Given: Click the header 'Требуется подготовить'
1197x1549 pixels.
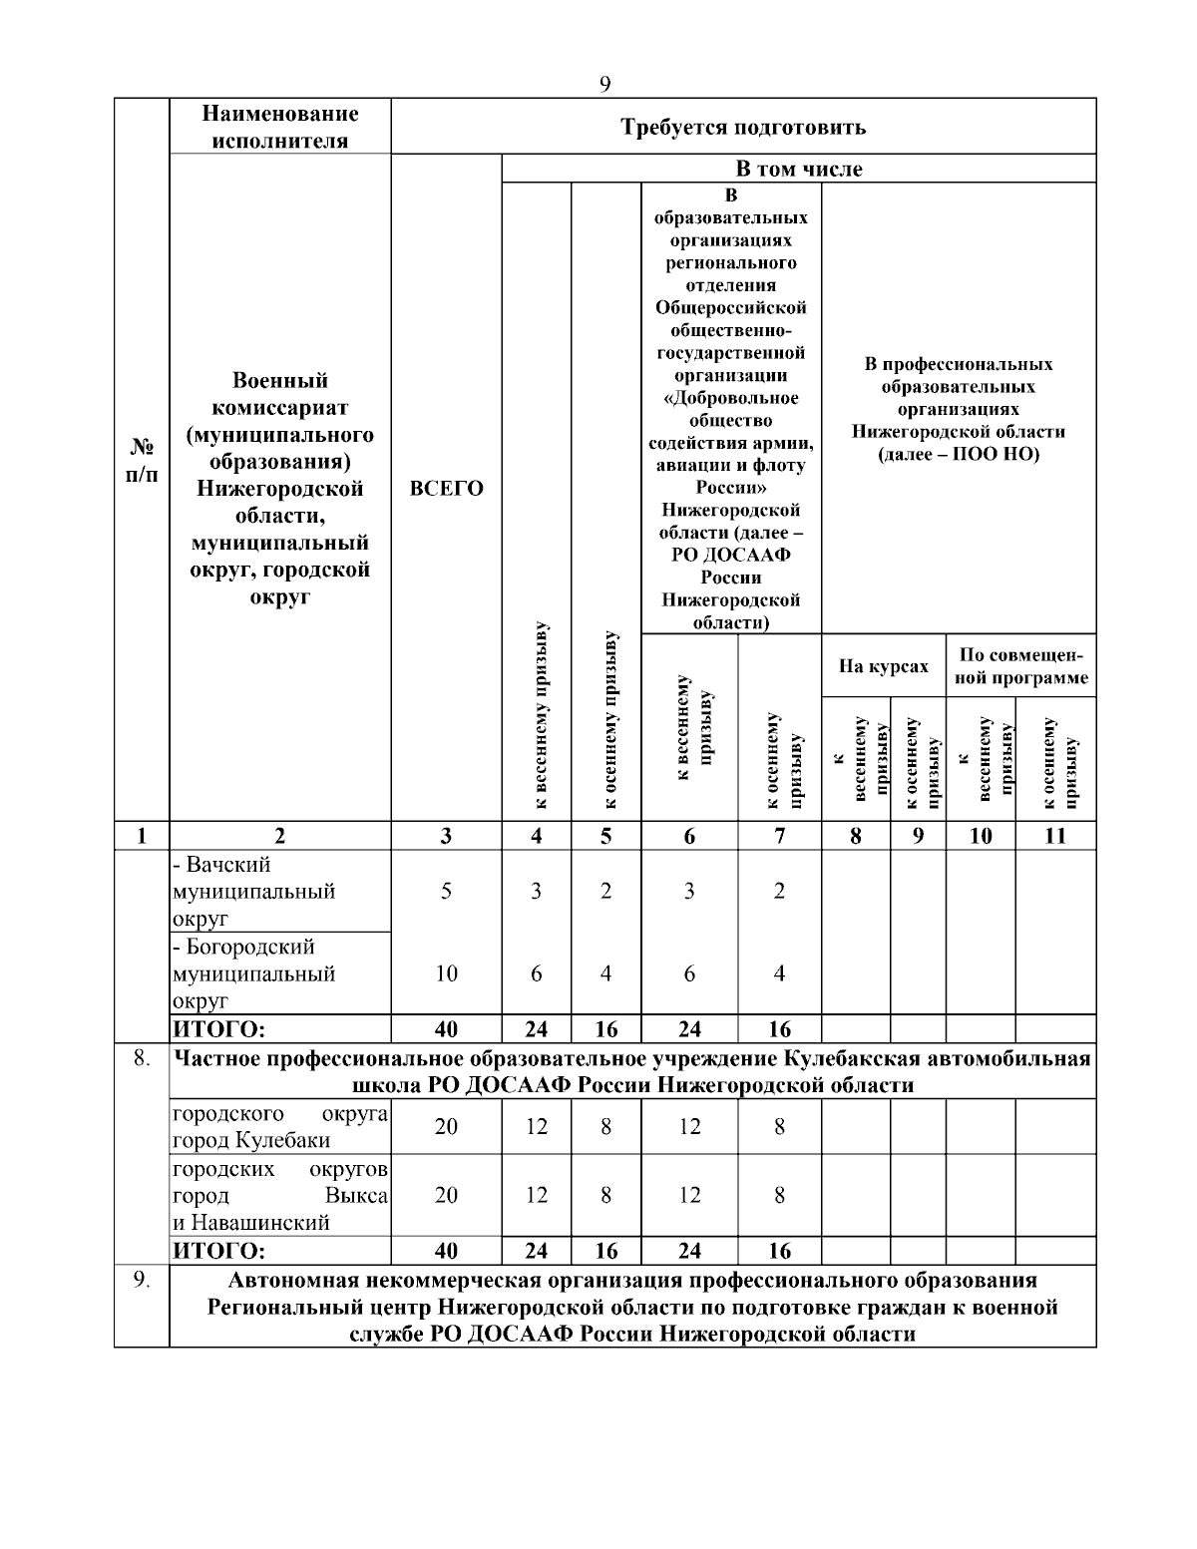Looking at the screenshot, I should pyautogui.click(x=743, y=127).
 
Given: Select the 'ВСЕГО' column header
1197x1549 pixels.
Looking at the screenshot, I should pyautogui.click(x=446, y=489).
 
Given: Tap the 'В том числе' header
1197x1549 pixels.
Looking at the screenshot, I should pyautogui.click(x=799, y=169).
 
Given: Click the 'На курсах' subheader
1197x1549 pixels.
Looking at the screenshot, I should pyautogui.click(x=883, y=666).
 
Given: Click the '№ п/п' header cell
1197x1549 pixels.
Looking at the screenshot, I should pyautogui.click(x=141, y=460).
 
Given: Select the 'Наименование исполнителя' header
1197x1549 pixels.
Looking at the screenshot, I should pyautogui.click(x=279, y=127).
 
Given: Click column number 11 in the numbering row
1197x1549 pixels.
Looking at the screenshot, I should pyautogui.click(x=1054, y=836).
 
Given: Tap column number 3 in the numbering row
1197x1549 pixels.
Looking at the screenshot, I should pyautogui.click(x=446, y=836).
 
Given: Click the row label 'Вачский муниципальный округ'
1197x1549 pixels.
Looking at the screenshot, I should pyautogui.click(x=254, y=891).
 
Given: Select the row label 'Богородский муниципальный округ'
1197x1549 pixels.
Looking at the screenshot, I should pyautogui.click(x=254, y=972).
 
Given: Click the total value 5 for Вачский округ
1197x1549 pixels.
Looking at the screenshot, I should pyautogui.click(x=446, y=892).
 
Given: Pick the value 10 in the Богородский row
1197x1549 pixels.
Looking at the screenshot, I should pyautogui.click(x=446, y=973).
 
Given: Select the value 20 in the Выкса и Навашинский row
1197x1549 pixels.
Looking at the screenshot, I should pyautogui.click(x=446, y=1195).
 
